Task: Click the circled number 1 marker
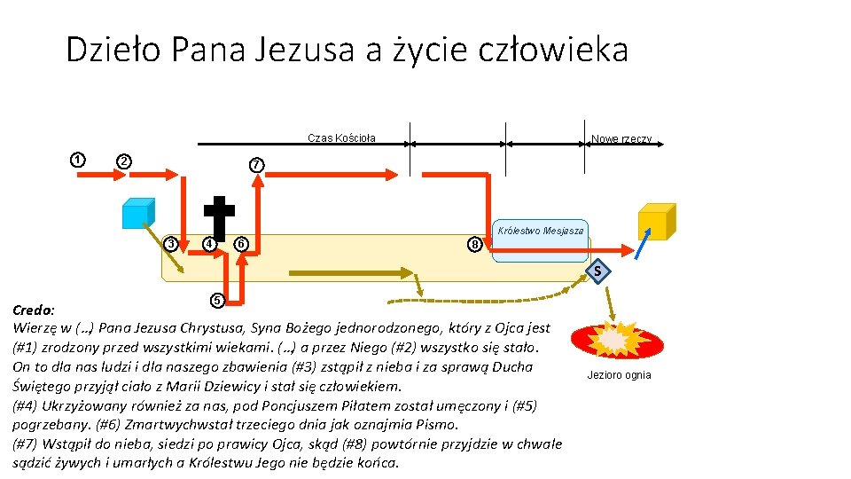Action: [x=78, y=160]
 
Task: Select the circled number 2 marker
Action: [x=125, y=161]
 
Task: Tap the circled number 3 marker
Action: [x=173, y=244]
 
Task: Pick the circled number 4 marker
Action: [x=208, y=244]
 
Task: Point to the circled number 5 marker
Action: [x=216, y=300]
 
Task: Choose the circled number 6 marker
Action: [x=240, y=244]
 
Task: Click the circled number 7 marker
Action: [x=256, y=165]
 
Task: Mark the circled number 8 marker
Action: [x=476, y=244]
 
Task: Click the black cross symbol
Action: [x=219, y=216]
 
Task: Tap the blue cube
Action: [x=138, y=214]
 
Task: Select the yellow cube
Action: [x=656, y=222]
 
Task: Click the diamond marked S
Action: [x=598, y=271]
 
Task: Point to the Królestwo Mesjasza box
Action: [x=540, y=240]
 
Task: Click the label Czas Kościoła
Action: [x=341, y=137]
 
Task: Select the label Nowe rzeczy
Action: [x=621, y=139]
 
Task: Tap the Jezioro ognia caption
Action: [x=619, y=375]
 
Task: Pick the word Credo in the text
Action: [x=33, y=310]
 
